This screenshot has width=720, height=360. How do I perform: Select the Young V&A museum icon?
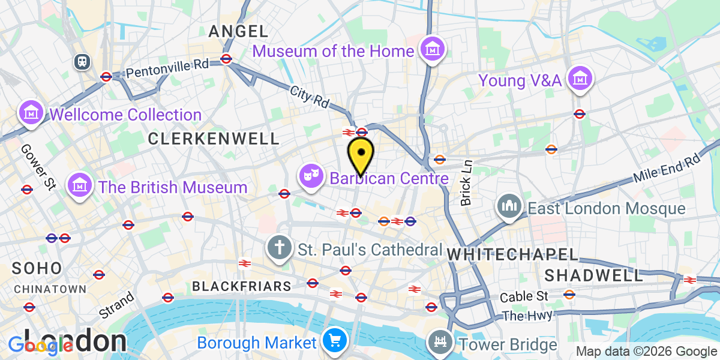click(580, 78)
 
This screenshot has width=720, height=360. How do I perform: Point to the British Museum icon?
click(80, 186)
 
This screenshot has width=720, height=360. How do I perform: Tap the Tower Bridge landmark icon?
click(440, 343)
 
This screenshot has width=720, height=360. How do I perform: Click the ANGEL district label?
click(238, 32)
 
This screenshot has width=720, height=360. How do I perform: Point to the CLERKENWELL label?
click(214, 139)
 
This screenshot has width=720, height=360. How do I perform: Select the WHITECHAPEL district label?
click(512, 254)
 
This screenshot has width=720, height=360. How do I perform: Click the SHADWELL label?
click(593, 275)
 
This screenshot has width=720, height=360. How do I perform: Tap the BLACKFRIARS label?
click(242, 286)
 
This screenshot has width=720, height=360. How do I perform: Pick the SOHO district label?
click(36, 268)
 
